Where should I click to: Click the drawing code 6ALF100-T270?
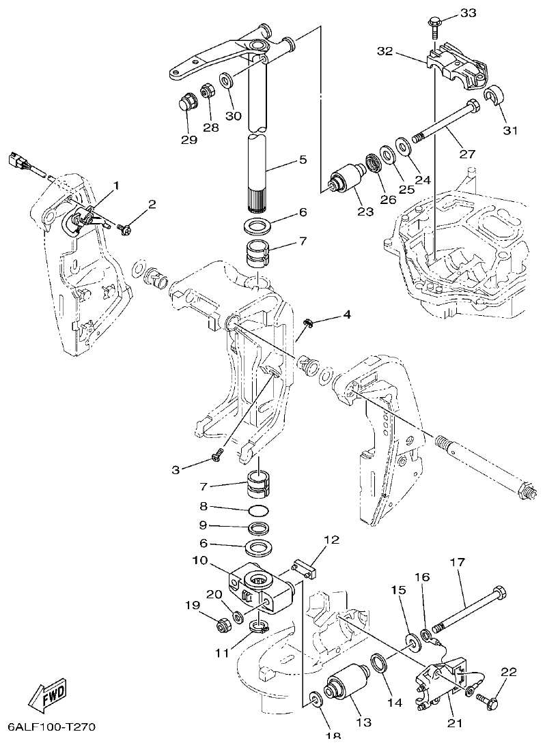coord(52,727)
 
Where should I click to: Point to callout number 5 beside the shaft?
coord(302,160)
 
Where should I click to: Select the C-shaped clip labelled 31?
coord(494,97)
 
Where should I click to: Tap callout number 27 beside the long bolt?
coord(466,153)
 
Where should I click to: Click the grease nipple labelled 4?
coord(308,323)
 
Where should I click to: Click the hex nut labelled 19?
coord(222,623)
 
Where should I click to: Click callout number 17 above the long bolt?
coord(457,563)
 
